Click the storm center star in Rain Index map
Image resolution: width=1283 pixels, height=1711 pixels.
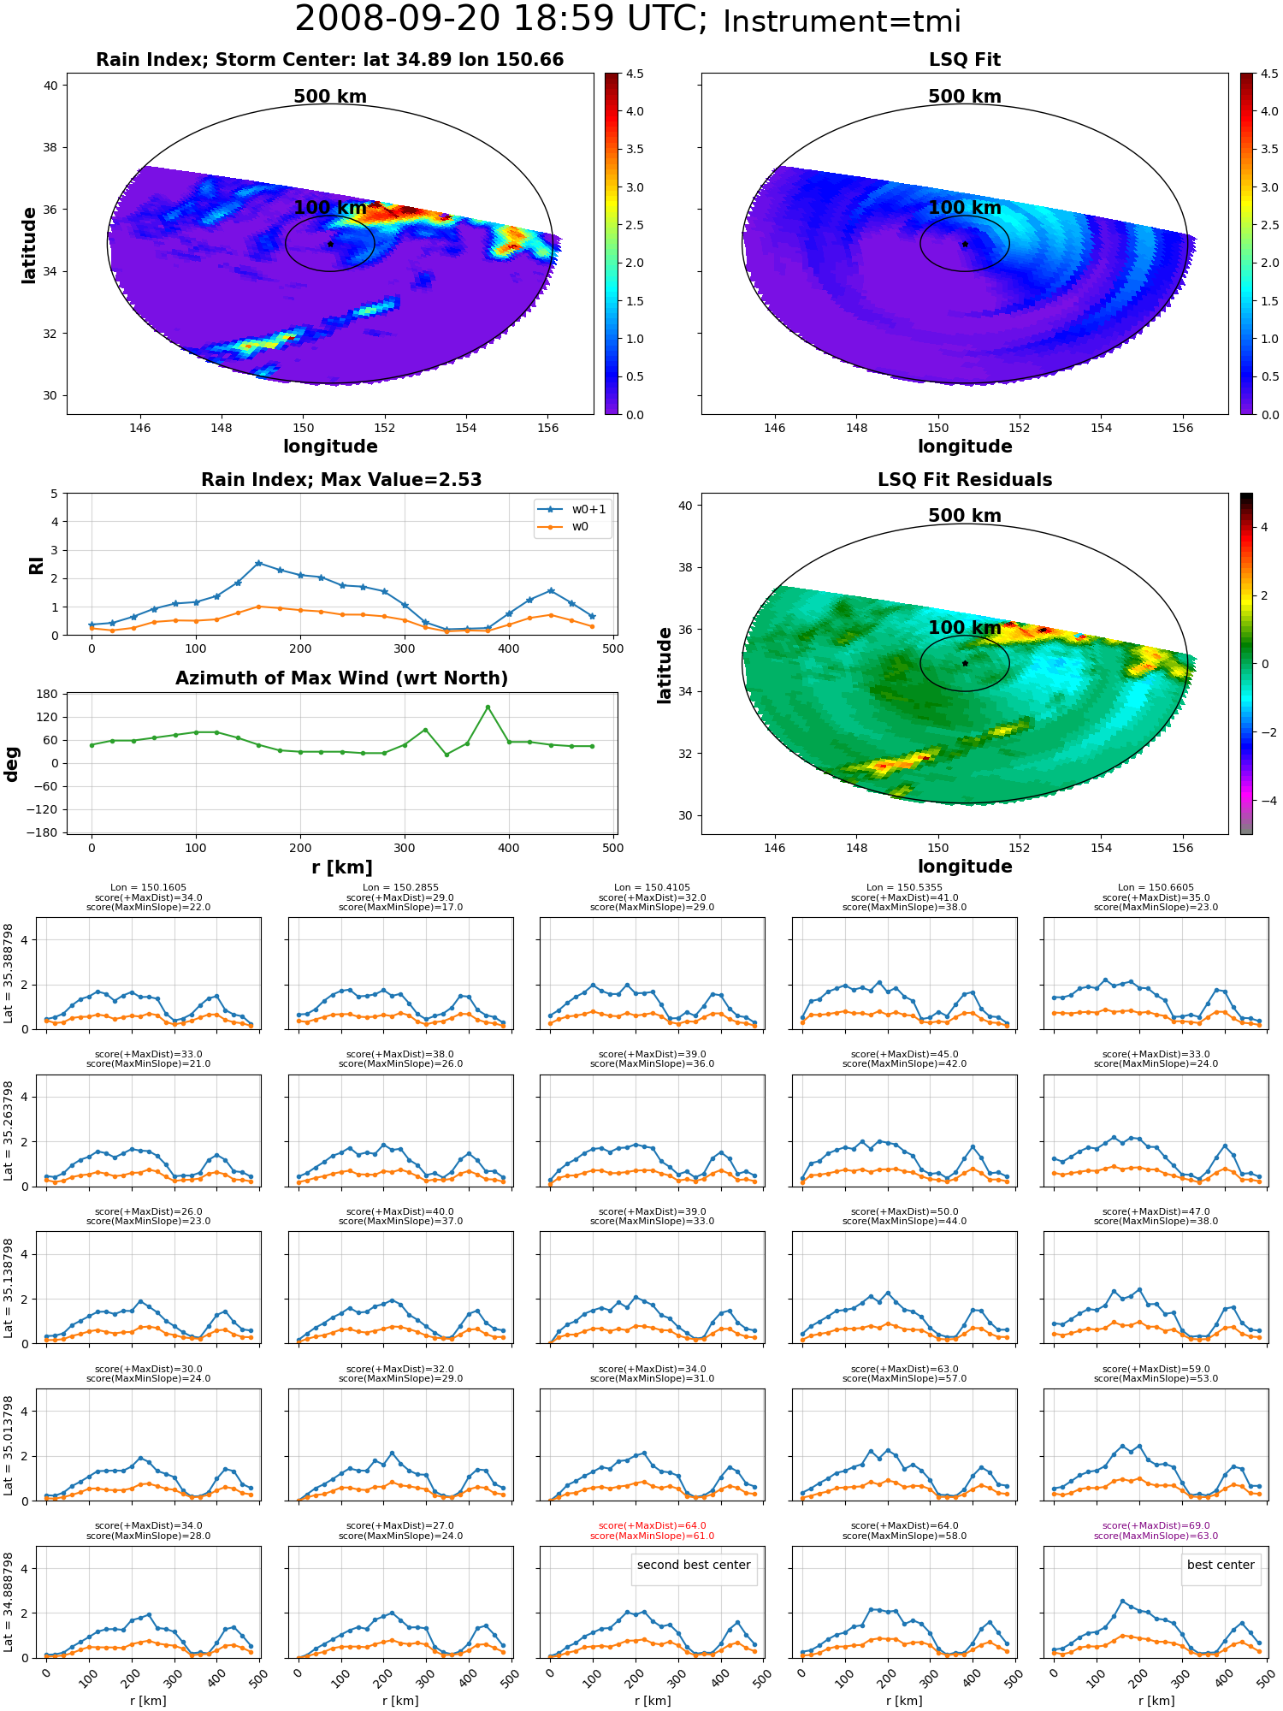click(x=330, y=244)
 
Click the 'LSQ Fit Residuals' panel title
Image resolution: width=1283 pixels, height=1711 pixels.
click(x=965, y=480)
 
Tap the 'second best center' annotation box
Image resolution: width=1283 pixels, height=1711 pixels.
click(x=694, y=1565)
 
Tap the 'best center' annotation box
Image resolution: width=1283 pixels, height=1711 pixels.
click(x=1221, y=1565)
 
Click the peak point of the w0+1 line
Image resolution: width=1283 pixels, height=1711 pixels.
click(x=258, y=563)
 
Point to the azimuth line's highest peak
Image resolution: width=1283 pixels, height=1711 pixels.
click(x=488, y=707)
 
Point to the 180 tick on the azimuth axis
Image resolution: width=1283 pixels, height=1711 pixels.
click(x=47, y=694)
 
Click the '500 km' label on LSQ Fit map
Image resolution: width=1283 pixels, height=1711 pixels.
click(x=965, y=97)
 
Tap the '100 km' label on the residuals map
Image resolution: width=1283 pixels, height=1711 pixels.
click(x=965, y=628)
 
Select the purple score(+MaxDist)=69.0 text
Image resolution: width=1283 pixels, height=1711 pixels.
click(x=1156, y=1526)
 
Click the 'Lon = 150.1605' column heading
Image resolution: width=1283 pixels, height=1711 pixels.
click(x=148, y=888)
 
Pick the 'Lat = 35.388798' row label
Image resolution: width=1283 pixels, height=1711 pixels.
click(x=9, y=973)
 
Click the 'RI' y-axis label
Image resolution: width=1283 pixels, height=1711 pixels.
click(x=36, y=565)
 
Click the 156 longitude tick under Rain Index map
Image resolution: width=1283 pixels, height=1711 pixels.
click(x=547, y=428)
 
